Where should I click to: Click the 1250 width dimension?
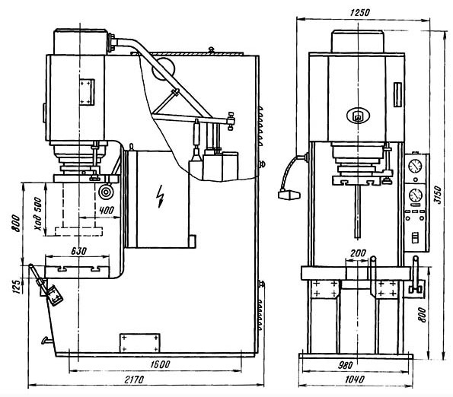[x=359, y=13]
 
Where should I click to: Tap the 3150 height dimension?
[x=439, y=195]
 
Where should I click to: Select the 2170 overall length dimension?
[x=134, y=379]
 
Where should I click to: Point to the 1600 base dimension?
[x=161, y=364]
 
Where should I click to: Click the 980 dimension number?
[x=345, y=365]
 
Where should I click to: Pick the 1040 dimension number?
[x=355, y=379]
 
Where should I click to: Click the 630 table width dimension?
[x=78, y=251]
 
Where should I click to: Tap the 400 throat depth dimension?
[x=107, y=210]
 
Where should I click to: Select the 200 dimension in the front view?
[x=359, y=253]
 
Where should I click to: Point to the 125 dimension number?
[x=17, y=286]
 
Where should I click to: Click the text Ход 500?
[x=38, y=214]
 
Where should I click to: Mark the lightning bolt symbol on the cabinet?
[x=160, y=196]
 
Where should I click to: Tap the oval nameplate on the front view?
[x=359, y=115]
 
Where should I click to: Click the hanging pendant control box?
[x=289, y=195]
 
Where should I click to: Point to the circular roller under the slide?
[x=106, y=192]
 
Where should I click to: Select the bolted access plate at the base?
[x=140, y=343]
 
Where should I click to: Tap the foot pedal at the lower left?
[x=54, y=295]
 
